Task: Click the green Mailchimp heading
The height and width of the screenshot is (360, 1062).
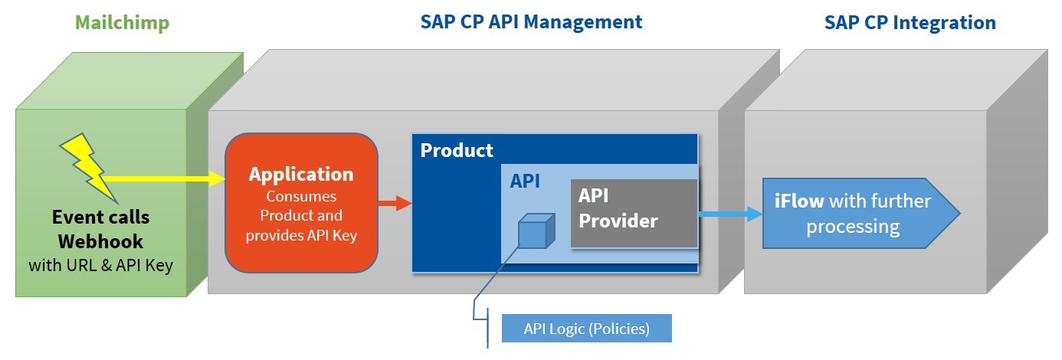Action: point(122,22)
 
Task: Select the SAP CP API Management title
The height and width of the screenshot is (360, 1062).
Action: point(531,21)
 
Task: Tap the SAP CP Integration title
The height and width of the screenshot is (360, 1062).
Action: point(910,22)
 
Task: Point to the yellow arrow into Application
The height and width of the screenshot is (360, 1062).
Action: point(169,178)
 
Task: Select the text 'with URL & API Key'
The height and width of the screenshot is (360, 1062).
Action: point(101,266)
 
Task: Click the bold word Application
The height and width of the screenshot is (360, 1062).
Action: point(301,174)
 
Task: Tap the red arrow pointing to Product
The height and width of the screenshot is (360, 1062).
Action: point(395,203)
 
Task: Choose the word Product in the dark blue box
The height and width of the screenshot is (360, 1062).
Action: point(457,150)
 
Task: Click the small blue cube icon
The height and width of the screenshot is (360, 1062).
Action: point(534,231)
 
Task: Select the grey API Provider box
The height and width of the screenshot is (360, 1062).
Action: point(634,213)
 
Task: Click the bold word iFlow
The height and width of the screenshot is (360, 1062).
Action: point(798,201)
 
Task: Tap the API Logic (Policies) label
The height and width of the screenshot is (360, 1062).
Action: point(586,329)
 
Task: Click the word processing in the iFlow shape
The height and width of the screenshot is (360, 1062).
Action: point(853,227)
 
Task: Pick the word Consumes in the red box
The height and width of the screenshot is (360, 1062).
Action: point(301,196)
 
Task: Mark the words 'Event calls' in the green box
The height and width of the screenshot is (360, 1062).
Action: point(100,216)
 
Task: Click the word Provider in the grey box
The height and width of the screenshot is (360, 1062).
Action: point(618,221)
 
